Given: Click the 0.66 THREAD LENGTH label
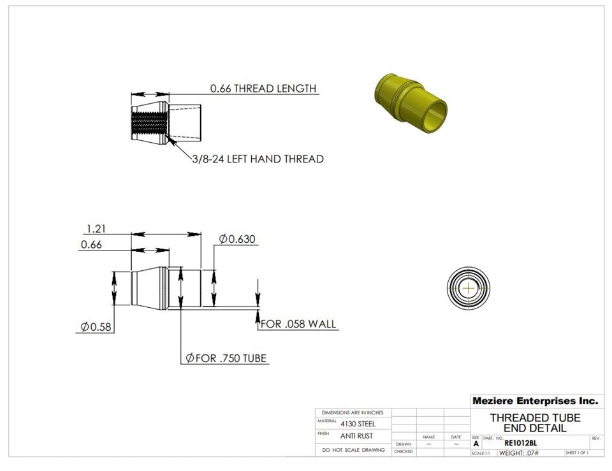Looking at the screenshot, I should (x=263, y=89).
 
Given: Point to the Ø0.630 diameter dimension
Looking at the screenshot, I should (x=237, y=239).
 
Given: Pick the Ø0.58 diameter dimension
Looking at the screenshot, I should (x=96, y=327).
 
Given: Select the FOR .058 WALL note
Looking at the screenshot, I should (x=299, y=324).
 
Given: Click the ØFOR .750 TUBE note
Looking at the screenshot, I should (x=226, y=358).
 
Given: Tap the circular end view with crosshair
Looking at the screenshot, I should (x=469, y=288).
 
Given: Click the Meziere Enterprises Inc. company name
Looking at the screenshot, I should (x=535, y=401).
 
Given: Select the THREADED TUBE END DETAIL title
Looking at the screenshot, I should (x=535, y=423).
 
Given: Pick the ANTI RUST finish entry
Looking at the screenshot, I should (x=356, y=436).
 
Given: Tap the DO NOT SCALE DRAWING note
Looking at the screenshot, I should (x=353, y=450).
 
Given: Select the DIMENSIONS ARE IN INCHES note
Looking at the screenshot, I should (x=353, y=413).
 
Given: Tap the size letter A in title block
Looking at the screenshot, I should (x=476, y=444).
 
